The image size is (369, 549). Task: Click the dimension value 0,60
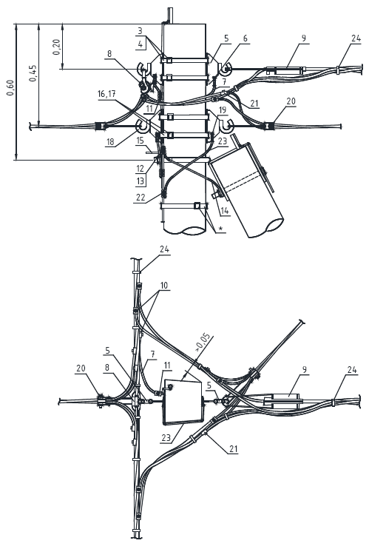(10, 87)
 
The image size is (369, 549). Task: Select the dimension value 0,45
(33, 73)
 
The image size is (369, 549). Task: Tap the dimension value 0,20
(56, 47)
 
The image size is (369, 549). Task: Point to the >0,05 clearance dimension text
(204, 343)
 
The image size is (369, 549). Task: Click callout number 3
(140, 31)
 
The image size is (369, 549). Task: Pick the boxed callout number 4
(140, 44)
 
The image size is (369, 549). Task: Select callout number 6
(245, 38)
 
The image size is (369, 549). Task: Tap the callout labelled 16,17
(106, 94)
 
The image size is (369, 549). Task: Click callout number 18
(110, 142)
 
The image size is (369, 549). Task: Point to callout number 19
(223, 110)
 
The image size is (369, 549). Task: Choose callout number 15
(140, 141)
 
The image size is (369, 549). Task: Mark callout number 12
(140, 169)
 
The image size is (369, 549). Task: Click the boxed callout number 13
(140, 181)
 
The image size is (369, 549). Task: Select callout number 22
(141, 197)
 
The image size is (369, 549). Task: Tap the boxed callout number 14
(224, 211)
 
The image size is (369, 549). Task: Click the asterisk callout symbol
(220, 229)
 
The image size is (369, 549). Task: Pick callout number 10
(164, 286)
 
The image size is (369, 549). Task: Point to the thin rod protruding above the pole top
(171, 16)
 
